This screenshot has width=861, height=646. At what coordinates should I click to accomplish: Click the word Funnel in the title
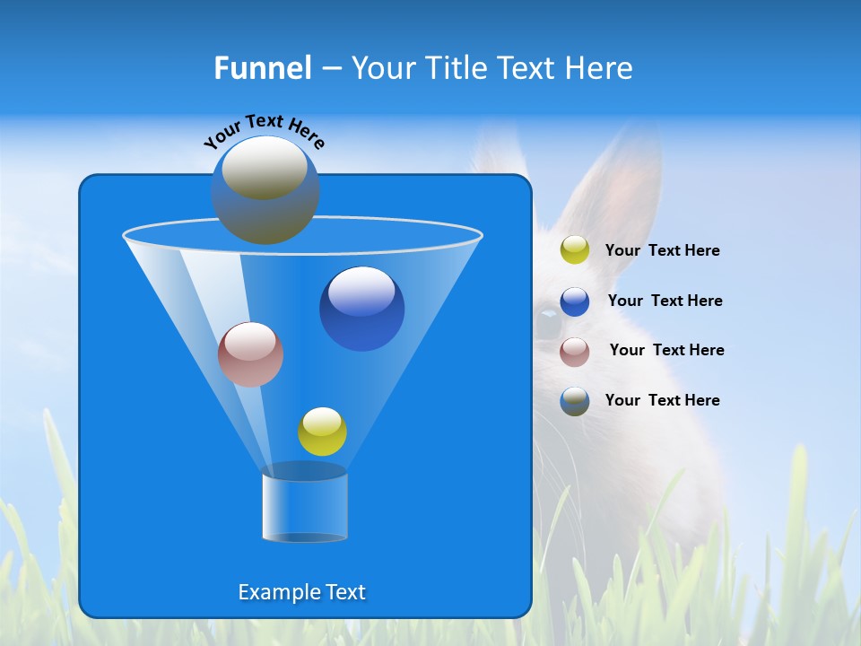(263, 67)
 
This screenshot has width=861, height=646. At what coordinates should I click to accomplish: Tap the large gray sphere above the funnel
(265, 189)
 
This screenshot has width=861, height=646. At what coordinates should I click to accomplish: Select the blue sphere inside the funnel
(361, 309)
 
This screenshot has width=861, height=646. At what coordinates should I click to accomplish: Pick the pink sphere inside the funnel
(250, 354)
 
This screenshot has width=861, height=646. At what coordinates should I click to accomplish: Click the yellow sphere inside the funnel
(322, 432)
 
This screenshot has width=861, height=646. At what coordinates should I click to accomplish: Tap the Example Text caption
(302, 592)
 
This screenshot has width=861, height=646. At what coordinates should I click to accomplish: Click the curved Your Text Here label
(264, 130)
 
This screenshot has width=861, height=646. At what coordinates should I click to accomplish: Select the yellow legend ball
(575, 250)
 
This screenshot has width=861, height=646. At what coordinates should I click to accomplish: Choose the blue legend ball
(575, 301)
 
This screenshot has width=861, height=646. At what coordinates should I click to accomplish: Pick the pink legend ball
(575, 352)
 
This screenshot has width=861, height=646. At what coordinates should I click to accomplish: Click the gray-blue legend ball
(575, 401)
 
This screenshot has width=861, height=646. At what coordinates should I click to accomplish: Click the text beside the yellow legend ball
(662, 251)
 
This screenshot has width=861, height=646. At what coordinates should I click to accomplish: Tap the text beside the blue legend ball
(665, 301)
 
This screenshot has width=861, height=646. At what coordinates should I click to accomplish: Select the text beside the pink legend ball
(666, 350)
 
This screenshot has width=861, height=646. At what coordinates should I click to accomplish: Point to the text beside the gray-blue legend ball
(662, 400)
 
